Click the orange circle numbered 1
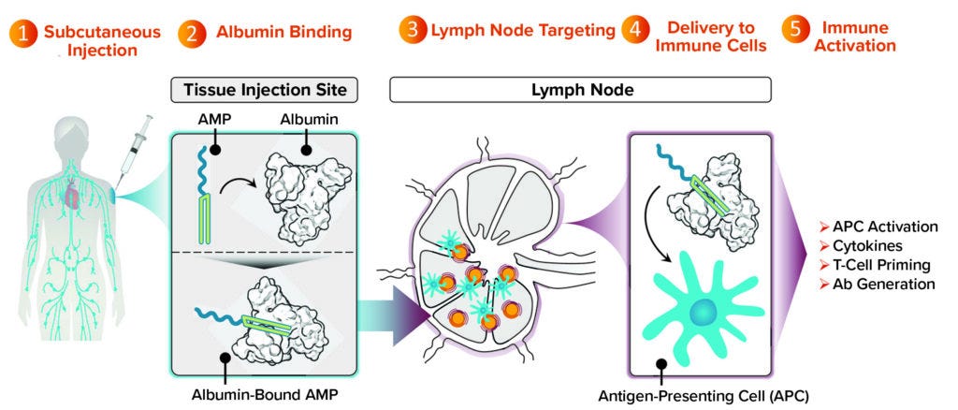tap(23, 34)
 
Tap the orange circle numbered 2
tap(193, 34)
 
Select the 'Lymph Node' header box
tap(580, 90)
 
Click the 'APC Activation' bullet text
tap(878, 227)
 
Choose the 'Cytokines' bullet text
tap(863, 245)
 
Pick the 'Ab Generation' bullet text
tap(876, 283)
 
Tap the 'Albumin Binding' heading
tap(282, 33)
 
